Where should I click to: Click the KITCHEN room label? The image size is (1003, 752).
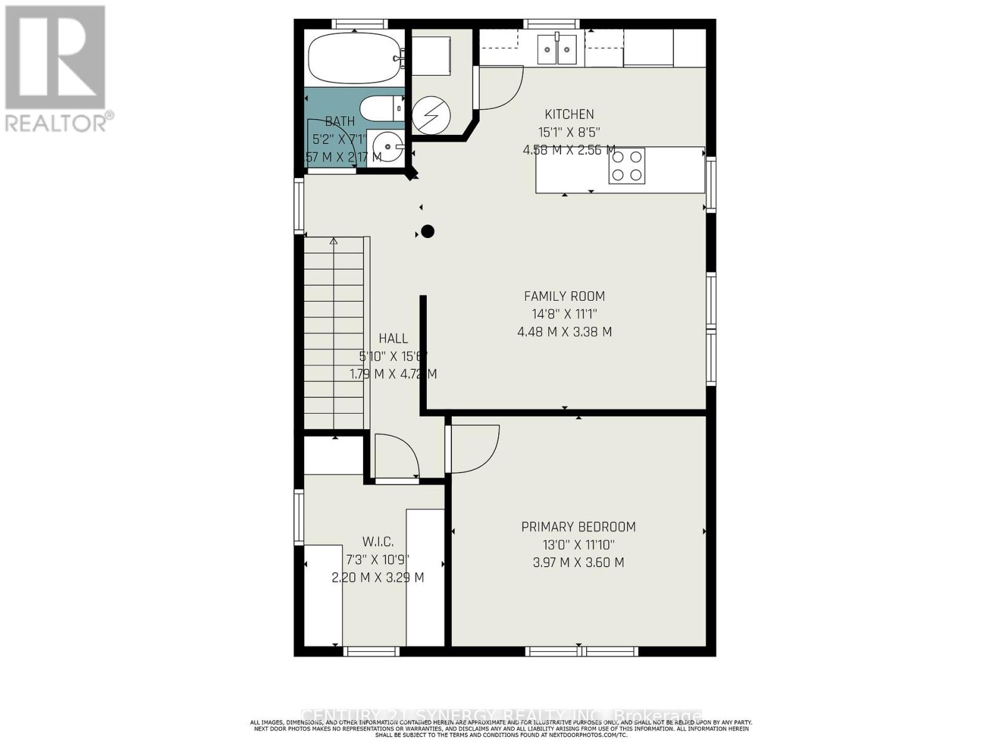pos(569,115)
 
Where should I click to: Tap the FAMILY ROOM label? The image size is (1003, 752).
pos(564,296)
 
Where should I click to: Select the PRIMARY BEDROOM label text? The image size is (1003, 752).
pos(578,527)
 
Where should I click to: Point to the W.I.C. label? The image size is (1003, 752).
pos(377,542)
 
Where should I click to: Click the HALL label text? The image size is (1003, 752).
pos(393,339)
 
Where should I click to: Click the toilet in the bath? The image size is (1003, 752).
pos(381,108)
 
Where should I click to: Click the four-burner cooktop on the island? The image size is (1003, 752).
pos(626,166)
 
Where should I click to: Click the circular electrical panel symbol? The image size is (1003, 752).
pos(431,115)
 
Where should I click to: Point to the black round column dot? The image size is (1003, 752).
pos(428,232)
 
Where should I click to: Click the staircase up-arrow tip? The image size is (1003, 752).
pos(333,241)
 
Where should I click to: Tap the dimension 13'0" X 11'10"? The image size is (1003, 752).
pos(578,545)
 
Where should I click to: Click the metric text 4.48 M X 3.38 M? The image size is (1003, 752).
pos(564,332)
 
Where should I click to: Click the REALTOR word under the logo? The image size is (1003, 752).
pos(56,122)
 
